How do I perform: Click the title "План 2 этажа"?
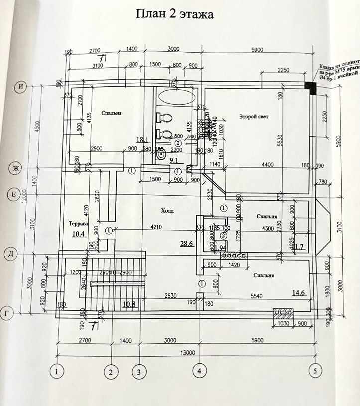(x=175, y=14)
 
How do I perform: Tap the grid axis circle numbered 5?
(x=314, y=371)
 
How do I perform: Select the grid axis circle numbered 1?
(x=58, y=371)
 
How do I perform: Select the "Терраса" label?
(x=79, y=224)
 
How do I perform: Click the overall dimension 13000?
(x=187, y=353)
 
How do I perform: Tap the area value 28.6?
(x=186, y=243)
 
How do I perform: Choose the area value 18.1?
(x=143, y=140)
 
